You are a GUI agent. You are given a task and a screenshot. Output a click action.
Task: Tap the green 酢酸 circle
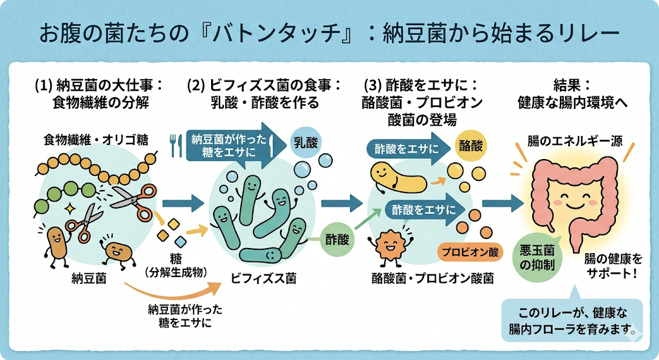338,240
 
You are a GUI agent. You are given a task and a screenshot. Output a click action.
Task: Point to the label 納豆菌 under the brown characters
89,279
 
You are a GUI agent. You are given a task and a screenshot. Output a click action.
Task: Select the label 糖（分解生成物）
176,266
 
